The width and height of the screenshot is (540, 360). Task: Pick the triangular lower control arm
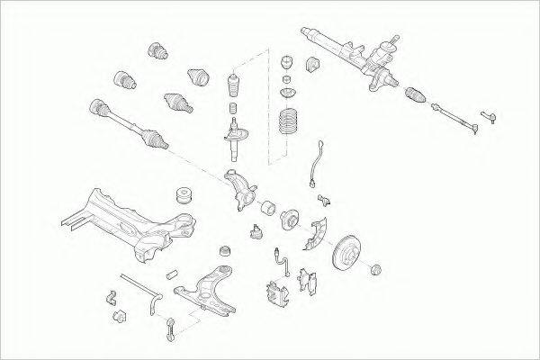tap(210, 289)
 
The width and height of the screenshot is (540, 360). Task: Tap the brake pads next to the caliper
tap(310, 281)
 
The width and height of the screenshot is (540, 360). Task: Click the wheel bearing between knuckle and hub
tap(267, 209)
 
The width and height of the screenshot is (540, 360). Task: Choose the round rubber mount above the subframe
tap(187, 193)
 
